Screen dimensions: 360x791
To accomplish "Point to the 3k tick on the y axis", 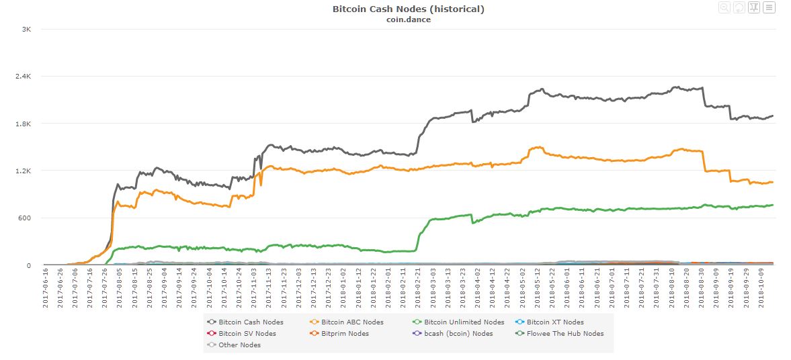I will (27, 30).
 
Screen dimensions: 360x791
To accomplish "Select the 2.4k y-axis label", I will (24, 77).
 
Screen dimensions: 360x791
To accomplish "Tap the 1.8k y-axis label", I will (24, 124).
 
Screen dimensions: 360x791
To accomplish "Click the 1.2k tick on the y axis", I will (24, 171).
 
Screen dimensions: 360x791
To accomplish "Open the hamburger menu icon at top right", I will (769, 7).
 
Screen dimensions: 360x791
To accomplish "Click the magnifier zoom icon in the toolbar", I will (724, 7).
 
